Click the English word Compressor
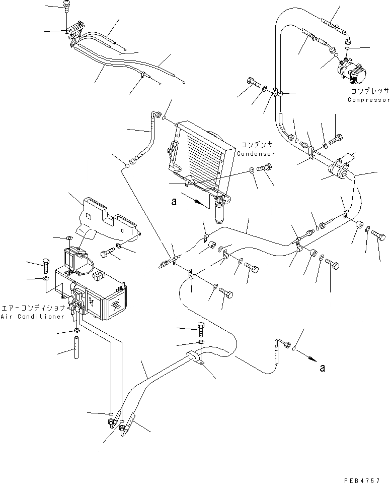(368, 100)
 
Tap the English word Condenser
(257, 154)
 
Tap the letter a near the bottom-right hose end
(322, 368)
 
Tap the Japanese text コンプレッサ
(370, 92)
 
